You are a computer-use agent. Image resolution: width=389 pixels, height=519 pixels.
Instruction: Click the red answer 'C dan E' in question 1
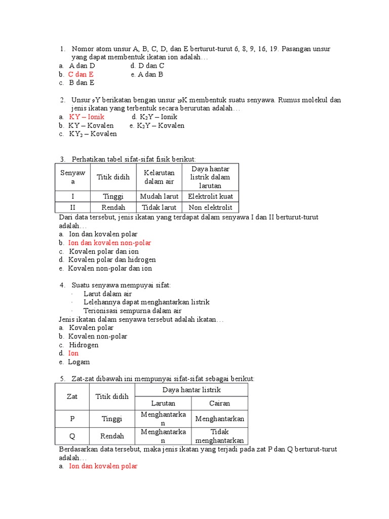[x=81, y=74]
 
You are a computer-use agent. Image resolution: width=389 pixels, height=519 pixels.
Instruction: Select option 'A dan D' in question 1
[x=82, y=65]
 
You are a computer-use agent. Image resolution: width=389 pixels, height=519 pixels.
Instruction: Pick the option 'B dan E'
[x=82, y=83]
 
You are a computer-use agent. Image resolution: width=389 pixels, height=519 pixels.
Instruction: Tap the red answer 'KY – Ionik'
[x=86, y=117]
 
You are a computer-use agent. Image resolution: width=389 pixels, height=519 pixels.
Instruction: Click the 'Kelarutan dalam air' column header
[x=159, y=177]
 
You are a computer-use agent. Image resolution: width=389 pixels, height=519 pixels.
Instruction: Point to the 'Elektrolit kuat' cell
[x=210, y=196]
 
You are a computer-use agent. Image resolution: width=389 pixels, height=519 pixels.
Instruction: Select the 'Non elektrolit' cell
[x=210, y=207]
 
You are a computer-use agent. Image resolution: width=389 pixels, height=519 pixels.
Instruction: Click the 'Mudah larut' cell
[x=159, y=196]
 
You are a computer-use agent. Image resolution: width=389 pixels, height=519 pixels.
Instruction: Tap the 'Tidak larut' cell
[x=159, y=207]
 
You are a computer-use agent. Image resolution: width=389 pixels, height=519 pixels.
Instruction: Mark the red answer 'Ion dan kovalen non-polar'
[x=109, y=243]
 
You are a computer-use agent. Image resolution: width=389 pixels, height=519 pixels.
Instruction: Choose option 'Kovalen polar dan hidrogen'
[x=112, y=259]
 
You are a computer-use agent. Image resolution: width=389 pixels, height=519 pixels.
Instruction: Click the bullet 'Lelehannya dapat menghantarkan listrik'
[x=146, y=302]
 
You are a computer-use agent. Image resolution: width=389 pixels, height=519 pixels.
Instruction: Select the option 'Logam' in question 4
[x=79, y=362]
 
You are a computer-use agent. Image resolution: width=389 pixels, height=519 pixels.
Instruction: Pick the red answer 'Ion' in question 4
[x=73, y=353]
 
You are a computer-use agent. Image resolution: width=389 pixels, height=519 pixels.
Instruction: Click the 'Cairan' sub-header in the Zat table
[x=219, y=403]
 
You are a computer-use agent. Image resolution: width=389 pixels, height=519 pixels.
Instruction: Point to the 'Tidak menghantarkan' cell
[x=219, y=436]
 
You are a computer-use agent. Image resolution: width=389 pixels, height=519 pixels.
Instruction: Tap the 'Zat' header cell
[x=72, y=396]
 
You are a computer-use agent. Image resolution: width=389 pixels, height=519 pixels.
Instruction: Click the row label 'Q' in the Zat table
[x=72, y=436]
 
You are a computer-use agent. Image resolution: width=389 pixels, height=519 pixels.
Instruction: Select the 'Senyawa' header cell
[x=72, y=177]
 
